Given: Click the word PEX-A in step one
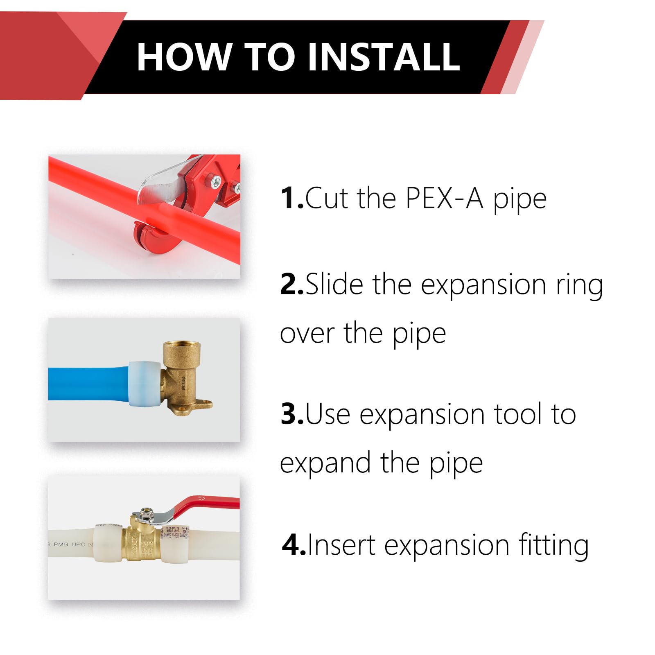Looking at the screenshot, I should (x=444, y=198).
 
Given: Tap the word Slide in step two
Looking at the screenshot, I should (x=334, y=284).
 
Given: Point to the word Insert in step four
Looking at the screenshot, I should (x=341, y=545).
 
